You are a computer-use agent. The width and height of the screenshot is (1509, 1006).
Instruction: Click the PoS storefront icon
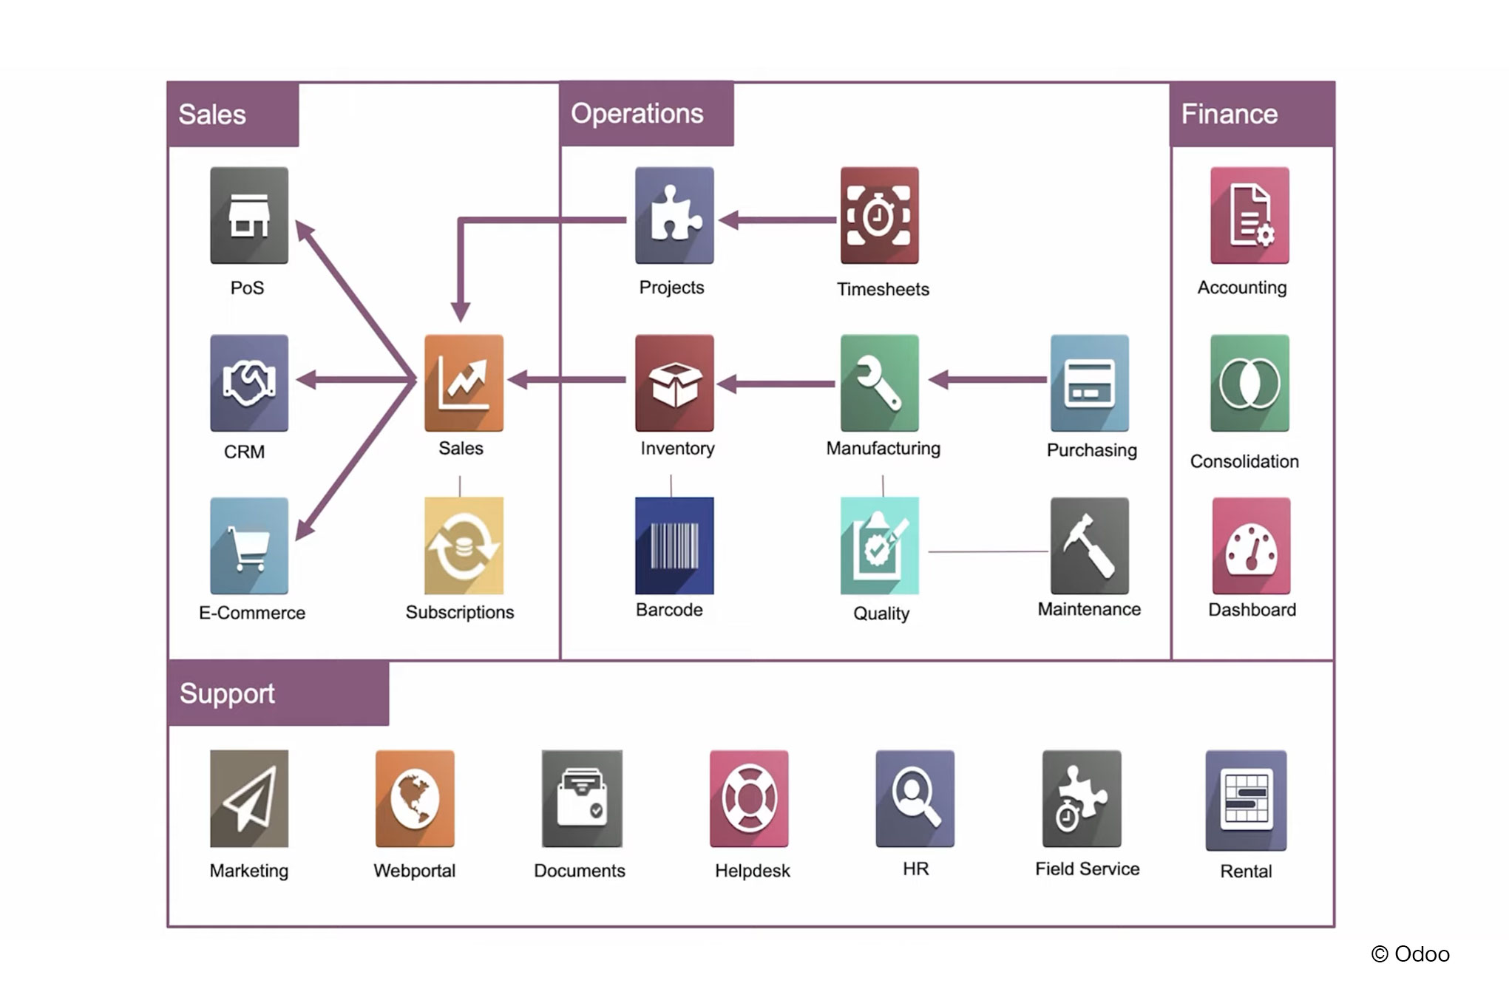(249, 215)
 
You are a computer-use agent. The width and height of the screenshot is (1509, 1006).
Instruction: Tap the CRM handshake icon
(249, 383)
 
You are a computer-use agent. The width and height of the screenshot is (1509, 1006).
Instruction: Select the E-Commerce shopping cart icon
(249, 546)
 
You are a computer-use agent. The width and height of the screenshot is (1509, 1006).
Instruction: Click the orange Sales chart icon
(464, 383)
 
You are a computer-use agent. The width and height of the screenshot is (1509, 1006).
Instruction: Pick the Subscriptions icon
(464, 546)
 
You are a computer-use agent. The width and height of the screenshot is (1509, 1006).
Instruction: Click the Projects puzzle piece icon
(674, 215)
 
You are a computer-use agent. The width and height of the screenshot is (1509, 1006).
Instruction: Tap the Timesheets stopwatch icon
(879, 215)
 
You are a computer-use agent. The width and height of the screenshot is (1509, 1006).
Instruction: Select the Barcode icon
(674, 546)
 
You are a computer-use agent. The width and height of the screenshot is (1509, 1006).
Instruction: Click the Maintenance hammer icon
(1089, 546)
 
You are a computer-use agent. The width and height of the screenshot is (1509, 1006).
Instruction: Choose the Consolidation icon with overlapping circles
(1249, 383)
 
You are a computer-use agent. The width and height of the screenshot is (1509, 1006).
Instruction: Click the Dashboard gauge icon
(1251, 546)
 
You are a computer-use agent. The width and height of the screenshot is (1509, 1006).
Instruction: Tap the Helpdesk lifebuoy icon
(749, 798)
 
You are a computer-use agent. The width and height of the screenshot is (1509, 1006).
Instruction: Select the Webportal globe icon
(415, 798)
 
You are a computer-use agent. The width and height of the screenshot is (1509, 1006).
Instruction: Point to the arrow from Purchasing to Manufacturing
(988, 380)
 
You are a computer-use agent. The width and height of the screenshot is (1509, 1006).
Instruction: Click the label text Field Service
(1087, 869)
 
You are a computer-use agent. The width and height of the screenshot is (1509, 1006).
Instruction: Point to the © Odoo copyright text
(1410, 954)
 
